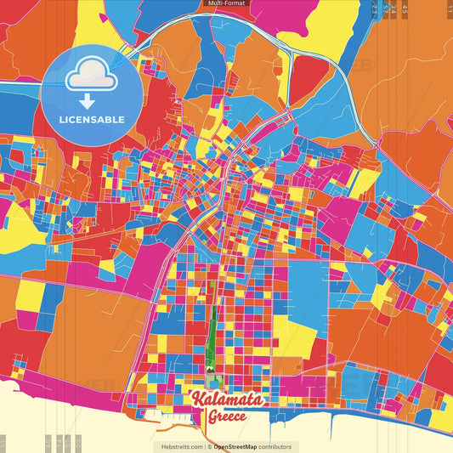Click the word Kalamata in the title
pos(227,399)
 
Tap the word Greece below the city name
pos(229,417)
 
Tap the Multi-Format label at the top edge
pos(226,3)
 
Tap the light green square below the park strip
pos(211,381)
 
